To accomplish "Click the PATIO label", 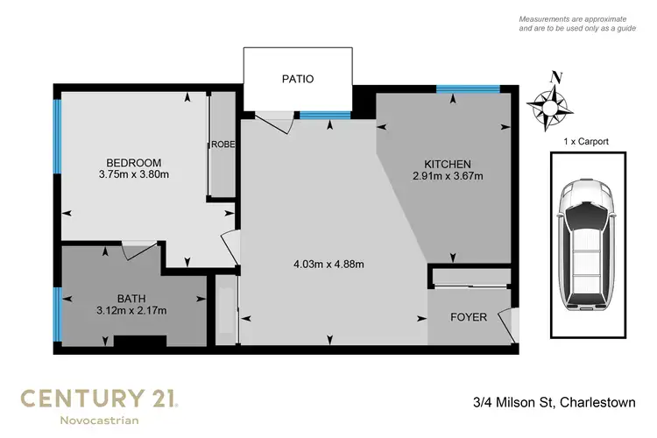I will click(x=298, y=79).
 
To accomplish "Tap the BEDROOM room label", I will click(x=134, y=162).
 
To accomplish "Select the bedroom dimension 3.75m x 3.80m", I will click(x=134, y=174).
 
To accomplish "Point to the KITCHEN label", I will click(x=448, y=164).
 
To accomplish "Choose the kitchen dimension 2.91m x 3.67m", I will click(x=448, y=176).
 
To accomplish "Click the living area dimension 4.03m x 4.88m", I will click(x=328, y=264).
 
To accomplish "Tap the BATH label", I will click(x=131, y=297).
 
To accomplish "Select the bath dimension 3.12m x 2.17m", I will click(x=131, y=309).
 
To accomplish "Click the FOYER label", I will click(x=469, y=317).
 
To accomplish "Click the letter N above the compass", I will click(x=554, y=76).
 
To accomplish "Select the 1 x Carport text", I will click(x=584, y=141).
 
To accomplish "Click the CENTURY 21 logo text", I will click(x=100, y=399).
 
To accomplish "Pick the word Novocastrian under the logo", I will click(x=100, y=422).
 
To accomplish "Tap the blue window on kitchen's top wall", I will click(x=468, y=88).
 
